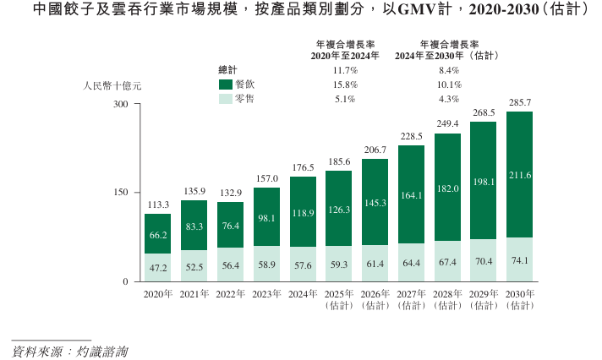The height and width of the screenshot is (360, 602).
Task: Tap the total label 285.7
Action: click(x=519, y=103)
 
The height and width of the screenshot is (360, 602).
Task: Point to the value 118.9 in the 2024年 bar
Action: click(x=303, y=212)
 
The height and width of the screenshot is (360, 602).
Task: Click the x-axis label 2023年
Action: click(x=266, y=293)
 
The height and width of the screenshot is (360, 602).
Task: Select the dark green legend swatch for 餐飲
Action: click(x=226, y=85)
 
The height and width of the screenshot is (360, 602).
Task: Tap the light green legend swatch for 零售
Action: click(x=226, y=99)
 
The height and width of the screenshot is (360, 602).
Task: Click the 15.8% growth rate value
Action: click(x=346, y=85)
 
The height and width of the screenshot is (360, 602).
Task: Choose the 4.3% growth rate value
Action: click(x=449, y=99)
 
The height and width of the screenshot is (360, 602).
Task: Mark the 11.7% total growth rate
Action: click(x=346, y=70)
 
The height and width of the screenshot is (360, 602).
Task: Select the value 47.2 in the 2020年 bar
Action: click(x=157, y=267)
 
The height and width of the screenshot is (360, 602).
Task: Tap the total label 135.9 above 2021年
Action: click(x=194, y=192)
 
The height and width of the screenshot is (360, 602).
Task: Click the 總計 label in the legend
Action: click(x=228, y=70)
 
